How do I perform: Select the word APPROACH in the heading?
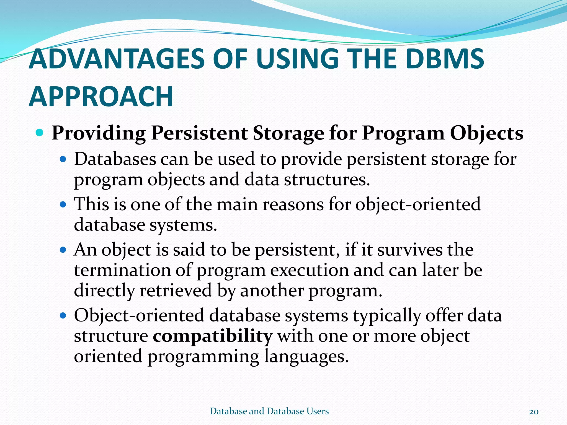pyautogui.click(x=101, y=97)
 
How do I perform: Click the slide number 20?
pyautogui.click(x=534, y=412)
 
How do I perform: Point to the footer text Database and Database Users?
pyautogui.click(x=269, y=411)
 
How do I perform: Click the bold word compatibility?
pyautogui.click(x=213, y=336)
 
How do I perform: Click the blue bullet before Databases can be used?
pyautogui.click(x=63, y=160)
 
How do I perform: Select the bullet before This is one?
pyautogui.click(x=63, y=205)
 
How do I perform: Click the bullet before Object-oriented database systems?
pyautogui.click(x=63, y=315)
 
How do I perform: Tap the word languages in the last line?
pyautogui.click(x=306, y=356)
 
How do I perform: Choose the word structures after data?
pyautogui.click(x=327, y=180)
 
